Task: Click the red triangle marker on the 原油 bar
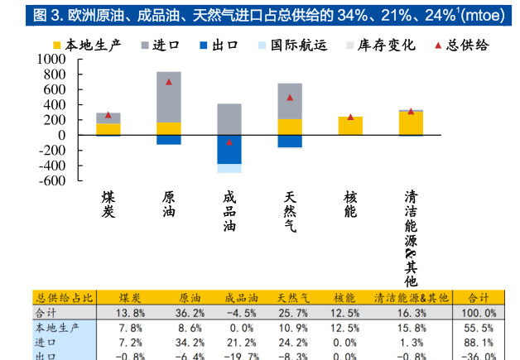coord(169,82)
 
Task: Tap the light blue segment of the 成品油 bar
coord(229,168)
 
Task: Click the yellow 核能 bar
coord(350,126)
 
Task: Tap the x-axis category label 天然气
coord(290,211)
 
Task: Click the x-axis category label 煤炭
coord(108,204)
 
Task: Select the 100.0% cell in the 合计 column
coord(478,313)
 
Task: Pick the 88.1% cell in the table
coord(479,342)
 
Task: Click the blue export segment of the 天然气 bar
coord(290,141)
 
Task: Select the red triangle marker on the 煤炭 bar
coord(108,115)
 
